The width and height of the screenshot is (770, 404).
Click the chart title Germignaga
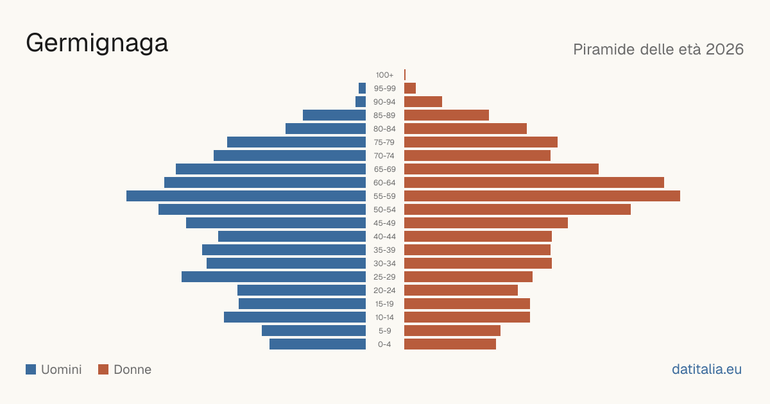(x=97, y=44)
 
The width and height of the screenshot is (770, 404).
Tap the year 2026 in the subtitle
(x=724, y=49)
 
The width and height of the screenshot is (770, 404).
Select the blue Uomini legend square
(x=31, y=369)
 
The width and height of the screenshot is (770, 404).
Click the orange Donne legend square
(x=103, y=369)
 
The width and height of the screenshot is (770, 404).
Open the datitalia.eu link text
(x=706, y=369)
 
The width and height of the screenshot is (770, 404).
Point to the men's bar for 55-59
(x=246, y=196)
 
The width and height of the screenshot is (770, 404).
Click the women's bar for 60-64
(x=534, y=182)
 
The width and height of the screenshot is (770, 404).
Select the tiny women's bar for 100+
(x=405, y=74)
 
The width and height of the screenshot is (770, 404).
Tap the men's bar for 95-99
(x=363, y=88)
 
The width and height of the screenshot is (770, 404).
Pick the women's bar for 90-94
(x=423, y=102)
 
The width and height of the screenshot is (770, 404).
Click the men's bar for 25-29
(x=273, y=277)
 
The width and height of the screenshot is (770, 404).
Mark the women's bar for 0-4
(x=450, y=344)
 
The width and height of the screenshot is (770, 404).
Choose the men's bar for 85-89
(x=334, y=115)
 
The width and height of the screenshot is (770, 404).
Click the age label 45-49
(x=384, y=223)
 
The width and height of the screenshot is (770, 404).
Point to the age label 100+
(x=384, y=75)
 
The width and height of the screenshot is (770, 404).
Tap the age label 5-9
(x=384, y=331)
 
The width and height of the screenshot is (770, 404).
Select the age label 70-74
(x=384, y=156)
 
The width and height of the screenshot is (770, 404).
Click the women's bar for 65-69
(x=502, y=169)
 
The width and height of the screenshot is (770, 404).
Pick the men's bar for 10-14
(x=295, y=317)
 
